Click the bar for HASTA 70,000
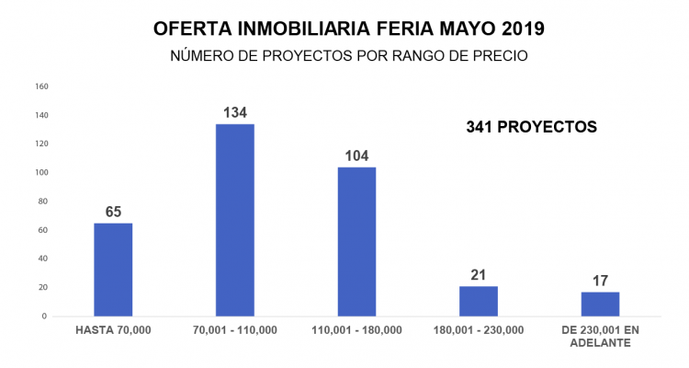(113, 270)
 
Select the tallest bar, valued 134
(235, 220)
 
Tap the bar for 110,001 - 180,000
(356, 241)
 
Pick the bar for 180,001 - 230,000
(478, 301)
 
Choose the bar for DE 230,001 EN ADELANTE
(600, 304)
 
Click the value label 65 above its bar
(113, 213)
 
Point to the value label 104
(356, 156)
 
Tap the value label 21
(478, 275)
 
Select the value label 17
(600, 281)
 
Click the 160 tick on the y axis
(41, 86)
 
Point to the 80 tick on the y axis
(43, 201)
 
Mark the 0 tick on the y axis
(45, 316)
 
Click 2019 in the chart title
(520, 29)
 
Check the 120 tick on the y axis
(41, 144)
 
